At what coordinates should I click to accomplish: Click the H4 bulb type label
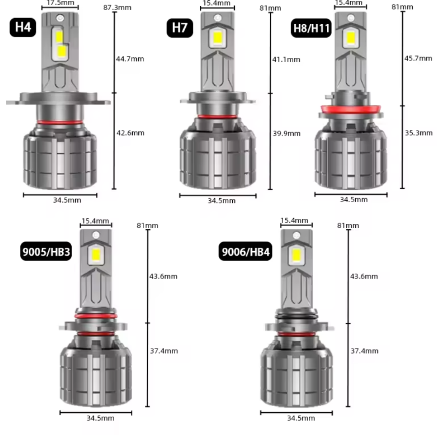(23, 28)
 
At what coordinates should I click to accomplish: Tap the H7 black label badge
(180, 28)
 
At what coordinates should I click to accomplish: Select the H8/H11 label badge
(311, 28)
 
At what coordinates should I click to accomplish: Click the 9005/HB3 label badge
(46, 252)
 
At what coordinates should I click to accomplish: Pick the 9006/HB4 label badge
(245, 251)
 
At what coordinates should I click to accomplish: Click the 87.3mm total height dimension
(117, 8)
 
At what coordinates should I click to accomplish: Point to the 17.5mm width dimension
(60, 3)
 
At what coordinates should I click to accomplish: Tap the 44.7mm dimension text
(130, 59)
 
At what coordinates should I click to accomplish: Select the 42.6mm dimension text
(130, 133)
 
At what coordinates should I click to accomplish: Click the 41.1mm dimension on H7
(286, 59)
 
